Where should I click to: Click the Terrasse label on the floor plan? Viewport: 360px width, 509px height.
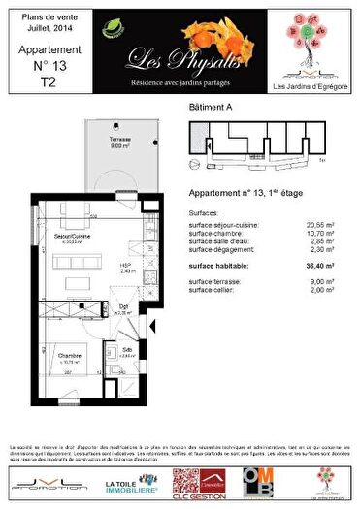point(92,142)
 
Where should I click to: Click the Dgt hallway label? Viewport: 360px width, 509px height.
point(123,308)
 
